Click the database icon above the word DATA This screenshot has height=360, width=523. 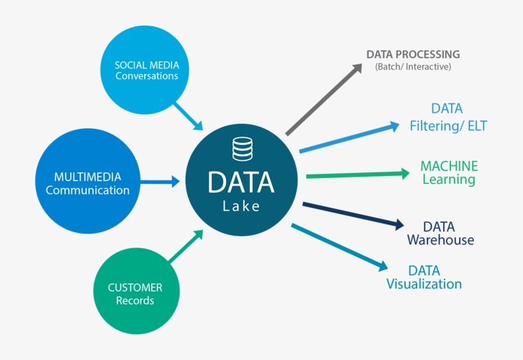pyautogui.click(x=242, y=149)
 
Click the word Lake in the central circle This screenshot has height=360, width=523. pyautogui.click(x=241, y=206)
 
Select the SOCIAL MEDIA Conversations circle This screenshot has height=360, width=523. pyautogui.click(x=146, y=70)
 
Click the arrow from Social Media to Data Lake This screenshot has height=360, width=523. pyautogui.click(x=188, y=115)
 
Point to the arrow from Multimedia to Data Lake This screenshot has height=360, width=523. pyautogui.click(x=159, y=182)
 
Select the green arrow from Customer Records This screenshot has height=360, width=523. pyautogui.click(x=186, y=246)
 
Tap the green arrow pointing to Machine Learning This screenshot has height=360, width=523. pyautogui.click(x=357, y=174)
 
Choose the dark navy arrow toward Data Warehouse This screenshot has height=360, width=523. pyautogui.click(x=353, y=214)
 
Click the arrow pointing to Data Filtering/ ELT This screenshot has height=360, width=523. pyautogui.click(x=350, y=138)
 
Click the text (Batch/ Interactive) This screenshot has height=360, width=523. pyautogui.click(x=413, y=66)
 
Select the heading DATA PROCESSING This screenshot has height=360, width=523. pyautogui.click(x=413, y=54)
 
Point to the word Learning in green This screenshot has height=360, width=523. pyautogui.click(x=448, y=179)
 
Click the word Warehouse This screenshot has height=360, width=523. pyautogui.click(x=440, y=240)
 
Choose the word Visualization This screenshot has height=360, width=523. pyautogui.click(x=424, y=284)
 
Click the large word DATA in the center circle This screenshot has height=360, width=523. pyautogui.click(x=241, y=181)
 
